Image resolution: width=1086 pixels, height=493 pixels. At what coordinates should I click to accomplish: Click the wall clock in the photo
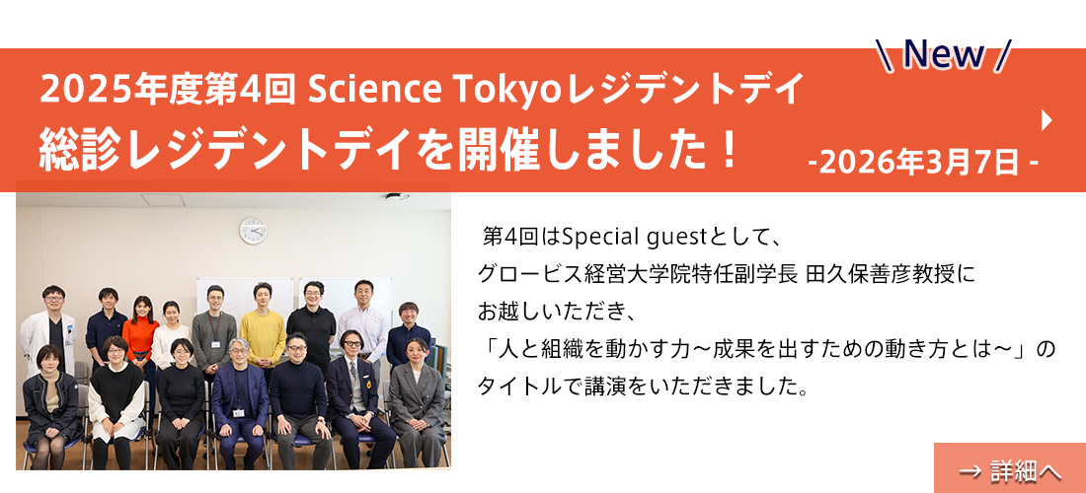point(253,231)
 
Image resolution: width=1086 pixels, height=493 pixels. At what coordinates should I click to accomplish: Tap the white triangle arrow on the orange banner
point(1047,120)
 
